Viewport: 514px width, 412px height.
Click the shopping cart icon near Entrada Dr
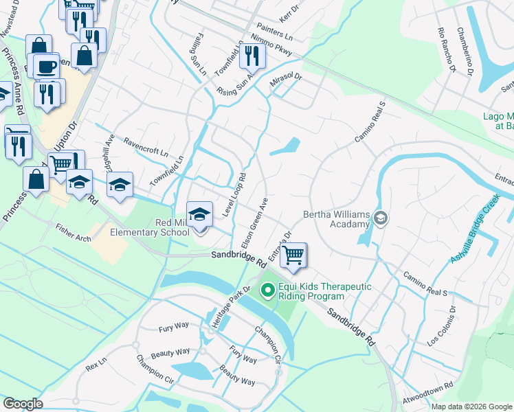coord(294,255)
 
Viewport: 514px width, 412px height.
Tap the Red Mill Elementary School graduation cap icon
coord(199,214)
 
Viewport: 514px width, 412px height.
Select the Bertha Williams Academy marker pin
coord(380,219)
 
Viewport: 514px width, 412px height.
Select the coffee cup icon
coord(47,67)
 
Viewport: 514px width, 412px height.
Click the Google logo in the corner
coord(23,404)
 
